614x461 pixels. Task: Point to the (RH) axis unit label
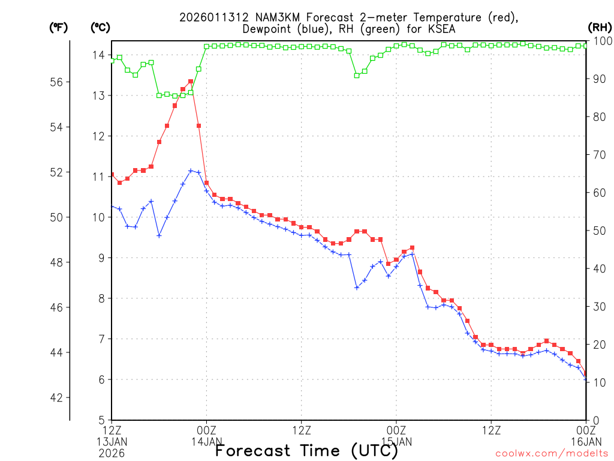click(599, 28)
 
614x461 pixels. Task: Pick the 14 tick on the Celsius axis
click(98, 55)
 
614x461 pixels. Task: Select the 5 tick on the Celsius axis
click(101, 420)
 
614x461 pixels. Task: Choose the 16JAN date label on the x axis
click(585, 442)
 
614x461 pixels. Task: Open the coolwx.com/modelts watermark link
click(552, 454)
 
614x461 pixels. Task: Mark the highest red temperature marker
click(191, 82)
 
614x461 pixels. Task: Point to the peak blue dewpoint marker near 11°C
click(191, 170)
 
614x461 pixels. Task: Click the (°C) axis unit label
click(100, 28)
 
